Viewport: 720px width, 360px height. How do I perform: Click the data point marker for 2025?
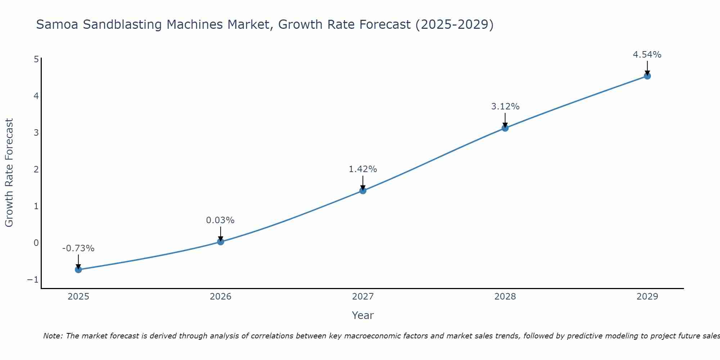[x=78, y=270]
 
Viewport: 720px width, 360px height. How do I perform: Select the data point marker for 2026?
[x=221, y=242]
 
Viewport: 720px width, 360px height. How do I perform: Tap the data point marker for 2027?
[x=363, y=190]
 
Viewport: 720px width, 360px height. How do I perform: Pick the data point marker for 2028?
[x=505, y=128]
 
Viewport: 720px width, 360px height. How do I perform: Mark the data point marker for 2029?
[x=647, y=76]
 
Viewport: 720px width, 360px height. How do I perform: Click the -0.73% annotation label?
[x=78, y=248]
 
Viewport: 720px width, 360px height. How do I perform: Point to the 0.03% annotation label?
[x=220, y=220]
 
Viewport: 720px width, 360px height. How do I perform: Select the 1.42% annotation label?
[x=363, y=169]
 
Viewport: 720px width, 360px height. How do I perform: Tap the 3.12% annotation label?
[x=505, y=107]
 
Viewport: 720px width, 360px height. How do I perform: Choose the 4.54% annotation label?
[x=647, y=55]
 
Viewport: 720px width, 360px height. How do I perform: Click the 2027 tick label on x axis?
[x=363, y=297]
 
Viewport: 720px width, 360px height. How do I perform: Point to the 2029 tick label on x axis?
[x=647, y=297]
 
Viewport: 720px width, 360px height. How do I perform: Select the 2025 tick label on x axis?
[x=78, y=297]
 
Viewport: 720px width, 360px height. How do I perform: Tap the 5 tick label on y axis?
[x=36, y=59]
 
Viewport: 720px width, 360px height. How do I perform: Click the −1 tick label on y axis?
[x=33, y=280]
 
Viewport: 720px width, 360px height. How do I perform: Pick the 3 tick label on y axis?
[x=36, y=133]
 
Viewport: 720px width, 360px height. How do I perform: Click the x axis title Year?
[x=363, y=315]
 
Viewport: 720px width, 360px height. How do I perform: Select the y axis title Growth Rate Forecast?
[x=9, y=173]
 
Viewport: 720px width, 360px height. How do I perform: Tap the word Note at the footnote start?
[x=53, y=336]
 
